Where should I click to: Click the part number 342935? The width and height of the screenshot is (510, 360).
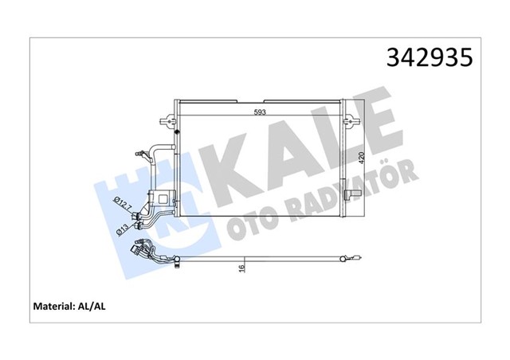430,58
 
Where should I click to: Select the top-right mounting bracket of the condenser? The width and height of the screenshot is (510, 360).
349,119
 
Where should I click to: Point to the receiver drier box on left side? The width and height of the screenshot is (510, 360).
165,199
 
